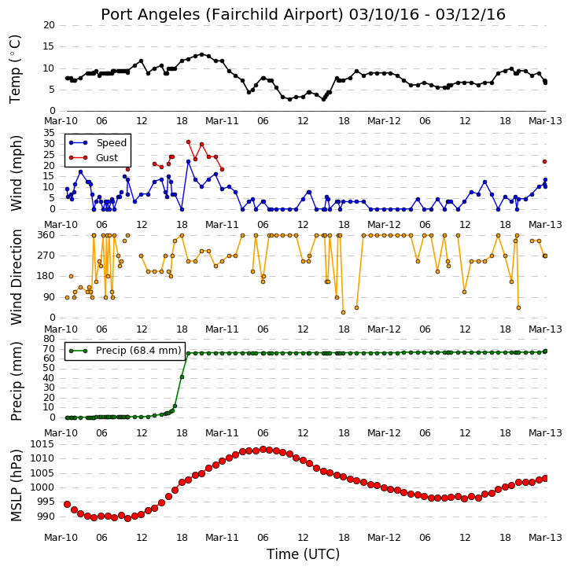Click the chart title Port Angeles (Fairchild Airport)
click(222, 15)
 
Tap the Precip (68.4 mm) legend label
click(138, 351)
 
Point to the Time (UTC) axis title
click(303, 554)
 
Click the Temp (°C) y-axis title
click(15, 69)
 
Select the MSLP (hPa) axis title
click(16, 485)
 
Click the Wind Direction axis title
click(16, 277)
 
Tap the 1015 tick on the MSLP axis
click(42, 444)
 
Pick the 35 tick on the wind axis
click(50, 133)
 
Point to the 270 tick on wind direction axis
click(46, 256)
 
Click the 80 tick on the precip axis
click(50, 339)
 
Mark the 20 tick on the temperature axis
click(50, 25)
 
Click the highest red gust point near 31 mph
click(188, 142)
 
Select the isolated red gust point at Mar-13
click(545, 162)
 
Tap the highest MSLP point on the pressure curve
click(263, 450)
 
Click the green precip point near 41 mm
click(182, 377)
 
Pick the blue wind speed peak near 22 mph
click(188, 162)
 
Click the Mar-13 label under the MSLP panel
click(545, 538)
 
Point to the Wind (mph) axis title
click(16, 173)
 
